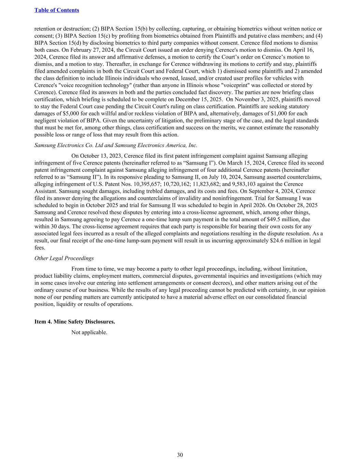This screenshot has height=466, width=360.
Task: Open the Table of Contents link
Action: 57,10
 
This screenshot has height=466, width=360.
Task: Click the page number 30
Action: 180,455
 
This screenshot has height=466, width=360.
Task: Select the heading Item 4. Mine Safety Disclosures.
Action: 75,322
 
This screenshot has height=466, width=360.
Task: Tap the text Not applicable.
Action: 89,332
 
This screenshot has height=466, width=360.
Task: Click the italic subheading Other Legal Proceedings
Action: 64,258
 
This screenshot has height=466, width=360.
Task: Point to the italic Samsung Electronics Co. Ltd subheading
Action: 116,145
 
